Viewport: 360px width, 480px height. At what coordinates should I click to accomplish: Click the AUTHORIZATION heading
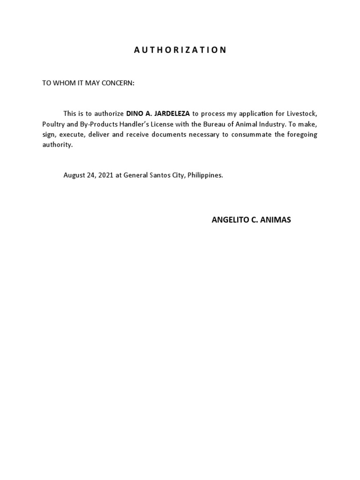[x=180, y=50]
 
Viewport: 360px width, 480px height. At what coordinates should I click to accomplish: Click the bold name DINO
[x=135, y=113]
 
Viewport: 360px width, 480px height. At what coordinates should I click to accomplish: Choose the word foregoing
[x=301, y=135]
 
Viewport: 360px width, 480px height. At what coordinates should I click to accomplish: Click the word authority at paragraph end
[x=58, y=145]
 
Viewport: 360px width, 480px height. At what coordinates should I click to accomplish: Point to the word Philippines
[x=205, y=175]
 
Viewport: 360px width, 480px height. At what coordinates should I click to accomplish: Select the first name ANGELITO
[x=228, y=220]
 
